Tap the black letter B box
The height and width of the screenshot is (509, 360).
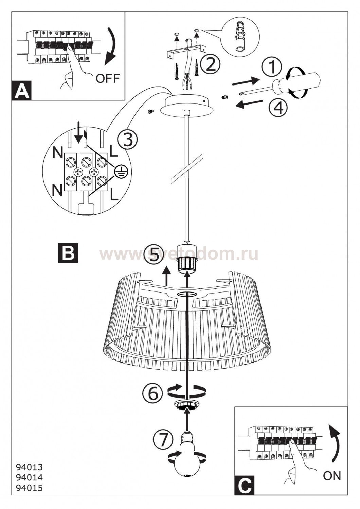[68, 253]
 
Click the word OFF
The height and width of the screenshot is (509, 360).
[108, 79]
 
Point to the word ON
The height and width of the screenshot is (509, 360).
[332, 487]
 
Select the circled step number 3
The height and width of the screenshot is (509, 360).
[128, 140]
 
